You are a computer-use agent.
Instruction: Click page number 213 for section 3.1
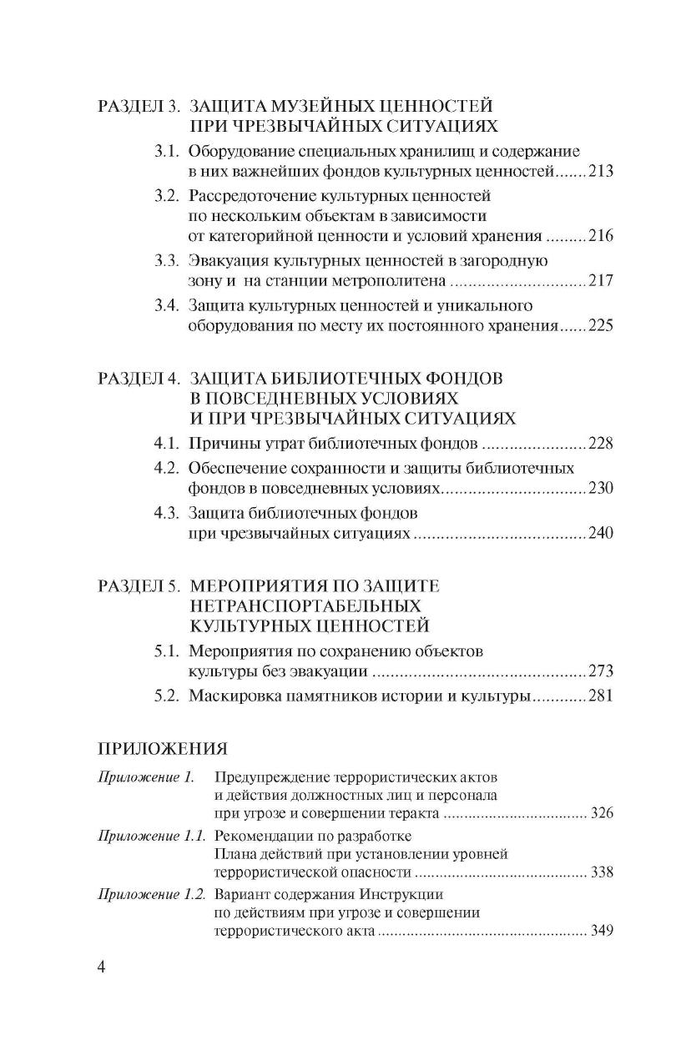coord(600,173)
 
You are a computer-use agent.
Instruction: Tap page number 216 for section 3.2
coord(600,236)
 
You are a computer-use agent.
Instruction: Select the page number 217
coord(600,282)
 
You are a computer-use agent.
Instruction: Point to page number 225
coord(600,326)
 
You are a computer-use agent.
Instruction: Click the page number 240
coord(600,534)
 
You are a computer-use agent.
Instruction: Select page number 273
coord(600,671)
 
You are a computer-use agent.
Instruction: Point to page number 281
coord(600,695)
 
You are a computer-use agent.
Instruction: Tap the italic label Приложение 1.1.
coord(151,834)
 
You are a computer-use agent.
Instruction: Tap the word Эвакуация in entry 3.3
coord(224,260)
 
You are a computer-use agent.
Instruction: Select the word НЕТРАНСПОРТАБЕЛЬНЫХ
coord(305,605)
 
